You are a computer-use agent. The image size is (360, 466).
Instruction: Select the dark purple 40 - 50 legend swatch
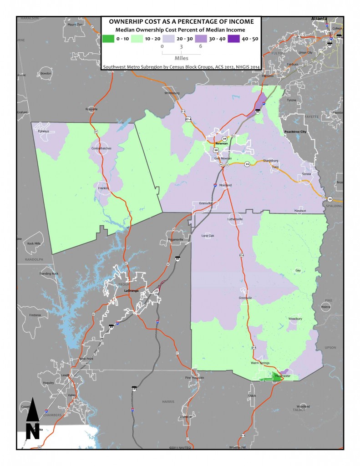233,39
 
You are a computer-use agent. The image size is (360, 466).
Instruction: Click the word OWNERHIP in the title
127,22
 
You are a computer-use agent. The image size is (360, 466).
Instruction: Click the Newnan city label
221,142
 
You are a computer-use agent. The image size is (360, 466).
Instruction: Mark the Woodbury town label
295,319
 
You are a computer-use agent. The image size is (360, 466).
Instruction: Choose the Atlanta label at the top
319,19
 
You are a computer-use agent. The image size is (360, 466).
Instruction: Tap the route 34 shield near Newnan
224,138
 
